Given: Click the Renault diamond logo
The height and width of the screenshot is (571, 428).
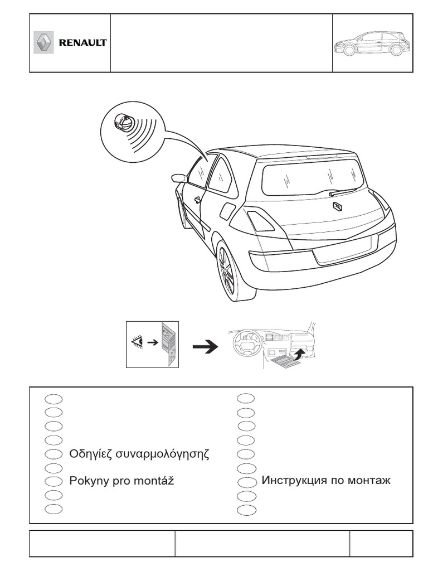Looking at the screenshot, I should tap(43, 43).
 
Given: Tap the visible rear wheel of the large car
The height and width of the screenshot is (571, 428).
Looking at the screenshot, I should tap(228, 271).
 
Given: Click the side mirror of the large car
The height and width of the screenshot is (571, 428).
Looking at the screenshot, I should tap(179, 178).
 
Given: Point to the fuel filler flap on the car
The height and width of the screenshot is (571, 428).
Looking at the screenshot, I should tap(227, 211).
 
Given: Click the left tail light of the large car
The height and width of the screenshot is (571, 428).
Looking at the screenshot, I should tap(260, 221).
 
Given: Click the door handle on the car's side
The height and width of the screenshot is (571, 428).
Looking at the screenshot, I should tap(197, 199).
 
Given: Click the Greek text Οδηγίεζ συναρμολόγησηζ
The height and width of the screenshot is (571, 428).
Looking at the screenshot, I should tap(139, 453).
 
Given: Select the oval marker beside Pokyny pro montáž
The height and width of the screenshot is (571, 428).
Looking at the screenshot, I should tap(53, 481).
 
